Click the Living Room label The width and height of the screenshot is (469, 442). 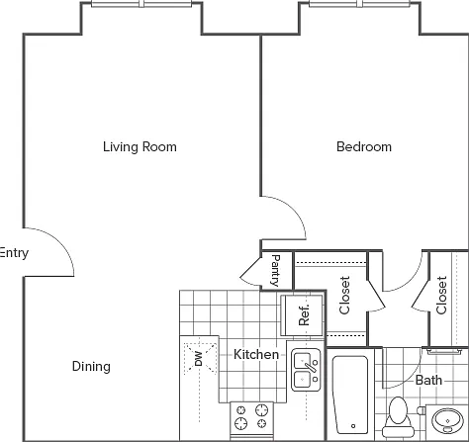pyautogui.click(x=140, y=147)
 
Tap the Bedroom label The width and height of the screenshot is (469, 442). pyautogui.click(x=364, y=146)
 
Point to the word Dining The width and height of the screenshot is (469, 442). pyautogui.click(x=91, y=367)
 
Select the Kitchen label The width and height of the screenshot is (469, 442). pyautogui.click(x=256, y=354)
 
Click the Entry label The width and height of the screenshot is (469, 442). pyautogui.click(x=14, y=253)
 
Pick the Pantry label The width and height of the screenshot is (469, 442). pyautogui.click(x=276, y=270)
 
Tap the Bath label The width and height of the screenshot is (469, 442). pyautogui.click(x=428, y=380)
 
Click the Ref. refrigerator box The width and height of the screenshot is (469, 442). pyautogui.click(x=302, y=315)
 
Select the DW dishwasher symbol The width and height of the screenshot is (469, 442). pyautogui.click(x=200, y=358)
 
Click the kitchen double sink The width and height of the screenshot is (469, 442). pyautogui.click(x=306, y=370)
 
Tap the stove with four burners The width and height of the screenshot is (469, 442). pyautogui.click(x=251, y=418)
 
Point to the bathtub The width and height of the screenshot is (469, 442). pyautogui.click(x=350, y=395)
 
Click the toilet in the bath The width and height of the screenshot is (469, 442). pyautogui.click(x=398, y=417)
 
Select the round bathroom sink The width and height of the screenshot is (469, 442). pyautogui.click(x=447, y=420)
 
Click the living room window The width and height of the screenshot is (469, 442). pyautogui.click(x=141, y=4)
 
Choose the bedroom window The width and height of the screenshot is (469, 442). pyautogui.click(x=359, y=4)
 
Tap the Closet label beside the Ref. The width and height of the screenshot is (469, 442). pyautogui.click(x=344, y=296)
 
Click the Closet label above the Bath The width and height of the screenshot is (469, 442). pyautogui.click(x=441, y=296)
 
